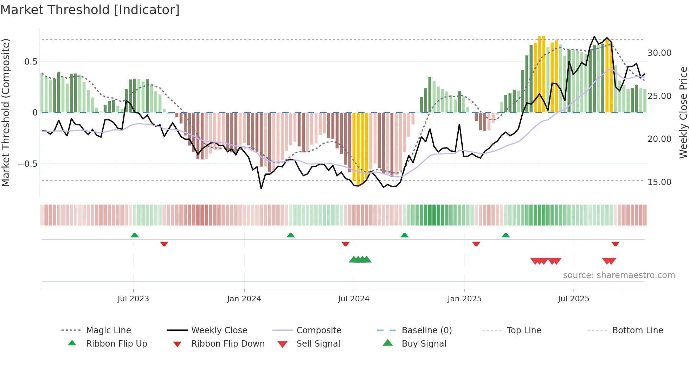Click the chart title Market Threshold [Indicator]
pyautogui.click(x=90, y=10)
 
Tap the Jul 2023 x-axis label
pyautogui.click(x=133, y=299)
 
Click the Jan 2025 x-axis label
pyautogui.click(x=464, y=299)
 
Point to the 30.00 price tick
pyautogui.click(x=659, y=53)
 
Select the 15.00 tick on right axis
pyautogui.click(x=659, y=182)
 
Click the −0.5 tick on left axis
pyautogui.click(x=27, y=164)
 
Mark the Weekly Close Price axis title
pyautogui.click(x=683, y=112)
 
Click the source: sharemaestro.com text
pyautogui.click(x=619, y=275)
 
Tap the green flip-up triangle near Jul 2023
pyautogui.click(x=135, y=235)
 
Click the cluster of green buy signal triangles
pyautogui.click(x=360, y=260)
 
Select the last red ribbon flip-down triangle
pyautogui.click(x=615, y=244)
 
